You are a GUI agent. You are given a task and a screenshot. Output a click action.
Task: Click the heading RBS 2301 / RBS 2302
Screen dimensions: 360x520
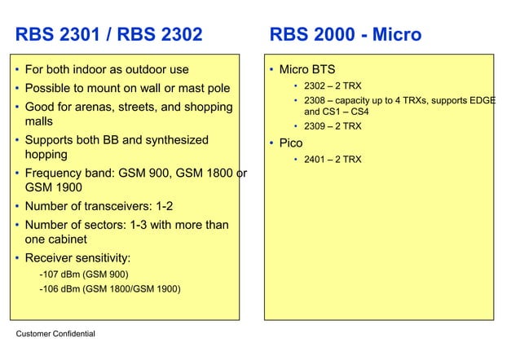click(x=108, y=35)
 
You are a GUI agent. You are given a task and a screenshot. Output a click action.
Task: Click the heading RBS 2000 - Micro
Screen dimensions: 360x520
click(x=346, y=35)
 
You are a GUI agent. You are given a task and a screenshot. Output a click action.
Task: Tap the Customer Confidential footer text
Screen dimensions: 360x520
click(x=55, y=334)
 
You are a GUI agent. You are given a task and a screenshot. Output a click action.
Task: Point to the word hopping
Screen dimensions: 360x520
click(x=46, y=154)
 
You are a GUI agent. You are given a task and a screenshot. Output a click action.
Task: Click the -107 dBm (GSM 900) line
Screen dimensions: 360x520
click(x=83, y=274)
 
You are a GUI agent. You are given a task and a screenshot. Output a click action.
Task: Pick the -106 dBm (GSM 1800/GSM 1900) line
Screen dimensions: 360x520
click(x=110, y=288)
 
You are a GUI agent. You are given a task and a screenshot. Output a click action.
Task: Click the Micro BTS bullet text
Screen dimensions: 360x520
click(x=307, y=70)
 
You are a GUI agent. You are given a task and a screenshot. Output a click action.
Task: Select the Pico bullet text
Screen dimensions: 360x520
click(x=291, y=143)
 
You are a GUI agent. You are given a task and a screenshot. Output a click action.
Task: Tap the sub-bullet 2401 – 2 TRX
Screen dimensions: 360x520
click(x=333, y=160)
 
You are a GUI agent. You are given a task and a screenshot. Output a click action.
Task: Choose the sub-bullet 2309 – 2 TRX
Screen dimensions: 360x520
click(x=333, y=126)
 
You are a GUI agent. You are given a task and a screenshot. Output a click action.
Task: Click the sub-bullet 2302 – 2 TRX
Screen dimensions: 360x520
click(x=333, y=86)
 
